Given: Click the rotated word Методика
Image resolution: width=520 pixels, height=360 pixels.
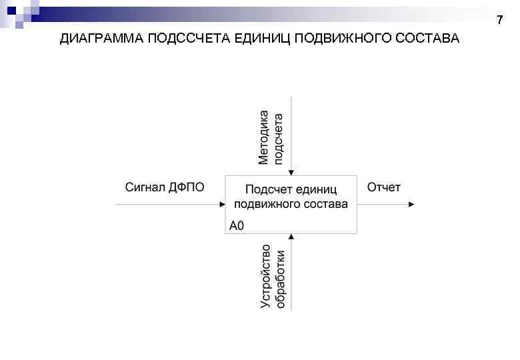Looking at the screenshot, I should click(x=264, y=137).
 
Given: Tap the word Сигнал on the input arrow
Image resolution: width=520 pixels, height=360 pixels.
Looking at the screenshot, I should click(x=143, y=187).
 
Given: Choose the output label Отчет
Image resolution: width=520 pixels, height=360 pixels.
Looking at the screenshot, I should click(x=384, y=187).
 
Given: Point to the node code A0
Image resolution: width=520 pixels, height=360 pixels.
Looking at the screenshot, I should click(x=237, y=226).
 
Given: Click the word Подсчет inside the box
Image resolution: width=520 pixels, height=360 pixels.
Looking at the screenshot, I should click(x=267, y=190).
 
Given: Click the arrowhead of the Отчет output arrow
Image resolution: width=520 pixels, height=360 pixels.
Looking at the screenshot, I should click(x=411, y=205).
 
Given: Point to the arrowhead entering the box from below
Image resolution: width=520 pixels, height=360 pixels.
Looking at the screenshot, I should click(x=291, y=236).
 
